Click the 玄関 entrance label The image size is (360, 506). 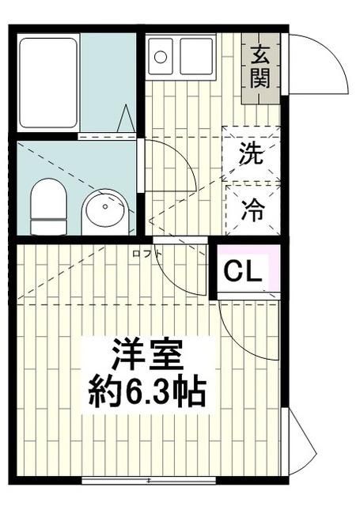pyautogui.click(x=261, y=66)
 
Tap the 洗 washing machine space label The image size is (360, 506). pyautogui.click(x=252, y=153)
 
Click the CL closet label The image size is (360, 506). pyautogui.click(x=242, y=271)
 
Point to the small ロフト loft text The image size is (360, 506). pyautogui.click(x=148, y=253)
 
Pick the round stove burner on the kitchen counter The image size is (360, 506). pyautogui.click(x=161, y=56)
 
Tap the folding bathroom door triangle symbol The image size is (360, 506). pyautogui.click(x=126, y=120)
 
